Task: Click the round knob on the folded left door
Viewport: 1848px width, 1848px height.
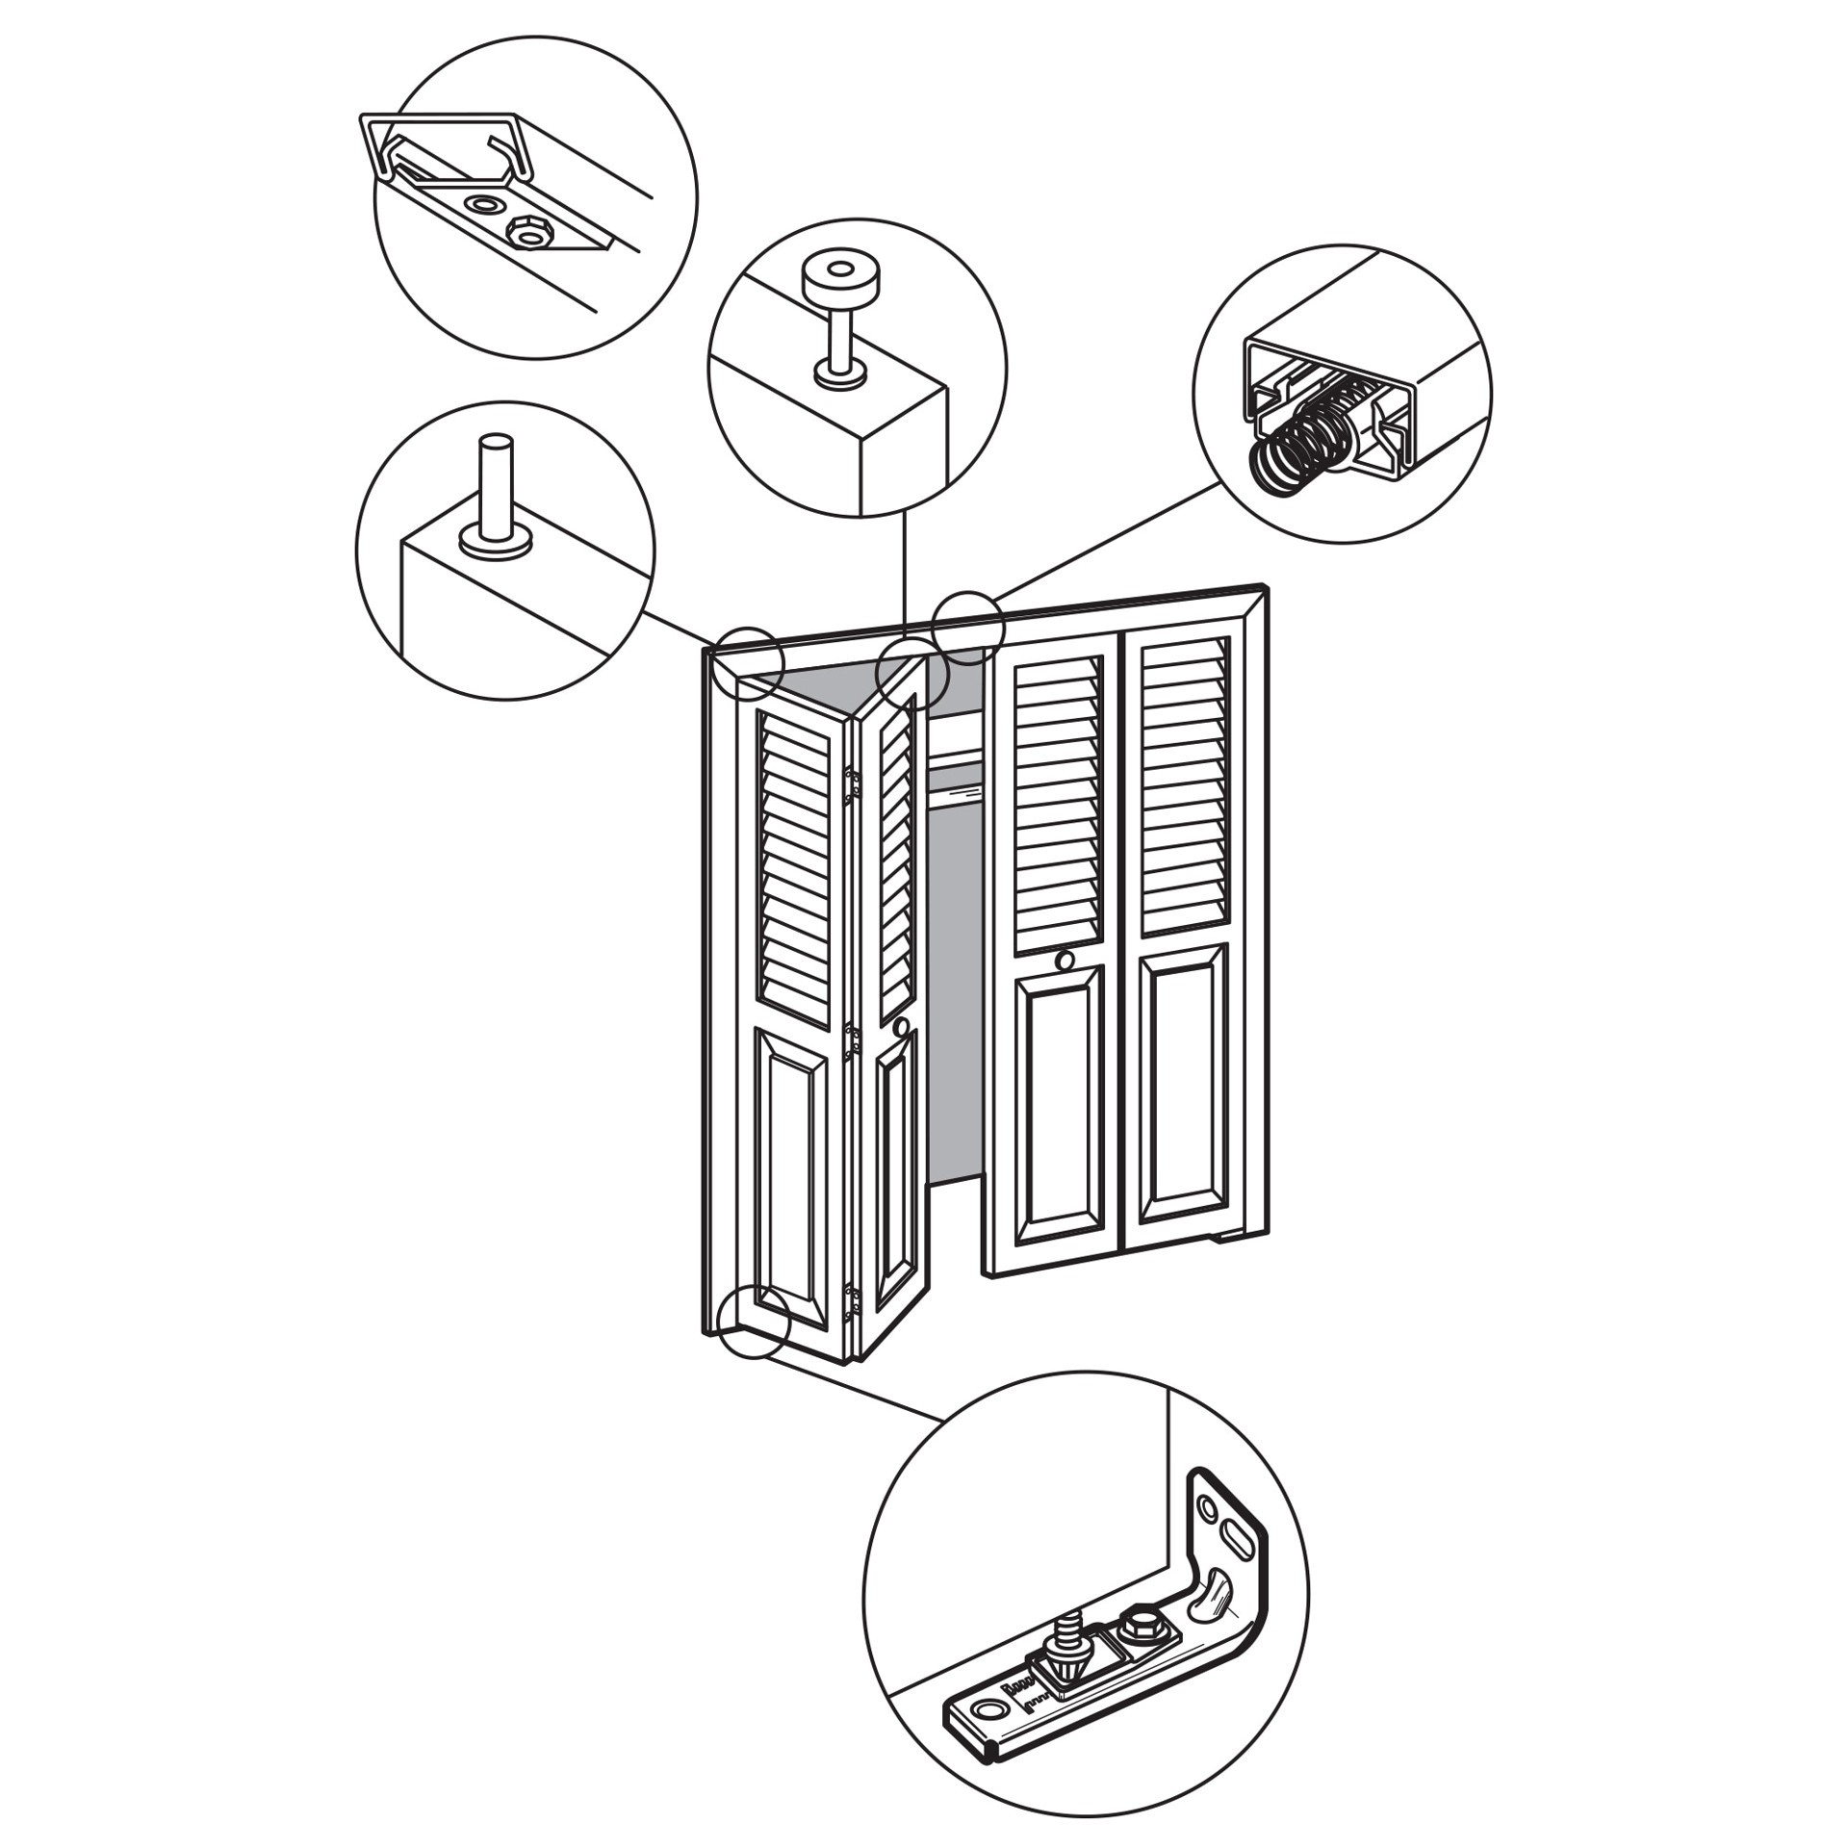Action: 901,1028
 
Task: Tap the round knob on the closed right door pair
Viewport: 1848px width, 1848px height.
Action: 1065,960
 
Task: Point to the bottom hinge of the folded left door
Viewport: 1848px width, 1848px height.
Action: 852,1302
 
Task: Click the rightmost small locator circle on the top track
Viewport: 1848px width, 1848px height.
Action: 968,629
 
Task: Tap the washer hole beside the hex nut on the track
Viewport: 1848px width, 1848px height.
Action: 485,205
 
